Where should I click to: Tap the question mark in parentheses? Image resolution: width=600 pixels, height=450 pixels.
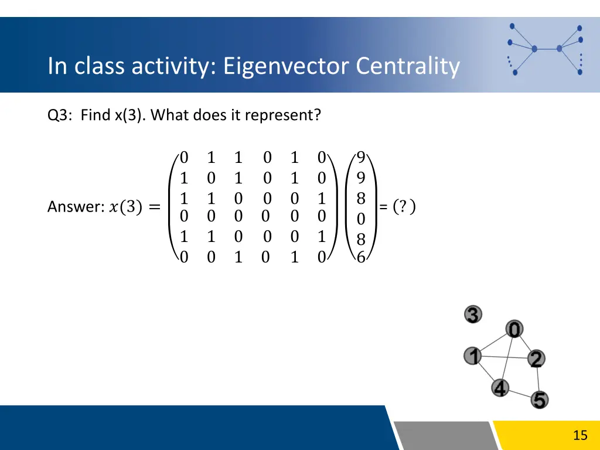pos(404,207)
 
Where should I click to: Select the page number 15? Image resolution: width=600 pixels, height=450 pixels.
pos(579,435)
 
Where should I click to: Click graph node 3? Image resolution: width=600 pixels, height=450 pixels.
pos(473,315)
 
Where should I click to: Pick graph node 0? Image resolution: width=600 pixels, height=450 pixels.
pos(514,330)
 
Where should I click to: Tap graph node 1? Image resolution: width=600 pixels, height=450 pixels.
pos(472,356)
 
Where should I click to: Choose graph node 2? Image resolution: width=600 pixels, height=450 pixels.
pos(536,359)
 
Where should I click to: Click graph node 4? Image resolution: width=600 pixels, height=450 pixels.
pos(499,387)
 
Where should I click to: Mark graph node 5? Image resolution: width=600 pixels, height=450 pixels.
pos(540,400)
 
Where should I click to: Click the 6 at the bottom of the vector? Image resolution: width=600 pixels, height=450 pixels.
pos(361,258)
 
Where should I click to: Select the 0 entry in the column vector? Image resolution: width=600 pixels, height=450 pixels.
pos(361,219)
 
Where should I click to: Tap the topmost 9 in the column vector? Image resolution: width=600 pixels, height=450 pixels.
pos(361,157)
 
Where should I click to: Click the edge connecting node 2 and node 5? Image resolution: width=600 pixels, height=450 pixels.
pos(538,380)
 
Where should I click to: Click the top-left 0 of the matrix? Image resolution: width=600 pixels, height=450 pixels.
pos(184,157)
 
